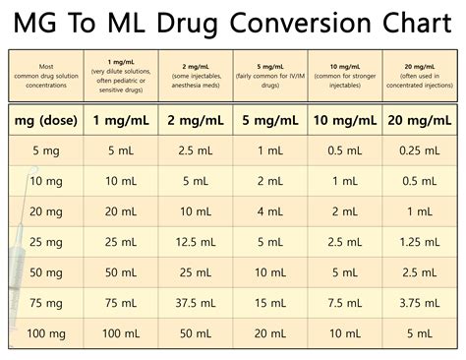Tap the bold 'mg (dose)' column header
[x=46, y=120]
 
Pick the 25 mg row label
[x=46, y=242]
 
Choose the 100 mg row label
[x=46, y=333]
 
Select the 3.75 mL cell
[x=420, y=303]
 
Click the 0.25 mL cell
[x=420, y=150]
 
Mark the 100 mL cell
[x=121, y=333]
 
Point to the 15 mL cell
[x=270, y=303]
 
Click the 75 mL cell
[x=121, y=303]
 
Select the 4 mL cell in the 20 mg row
[x=270, y=211]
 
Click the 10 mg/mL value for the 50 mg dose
[x=345, y=272]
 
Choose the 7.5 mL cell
[x=345, y=303]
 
